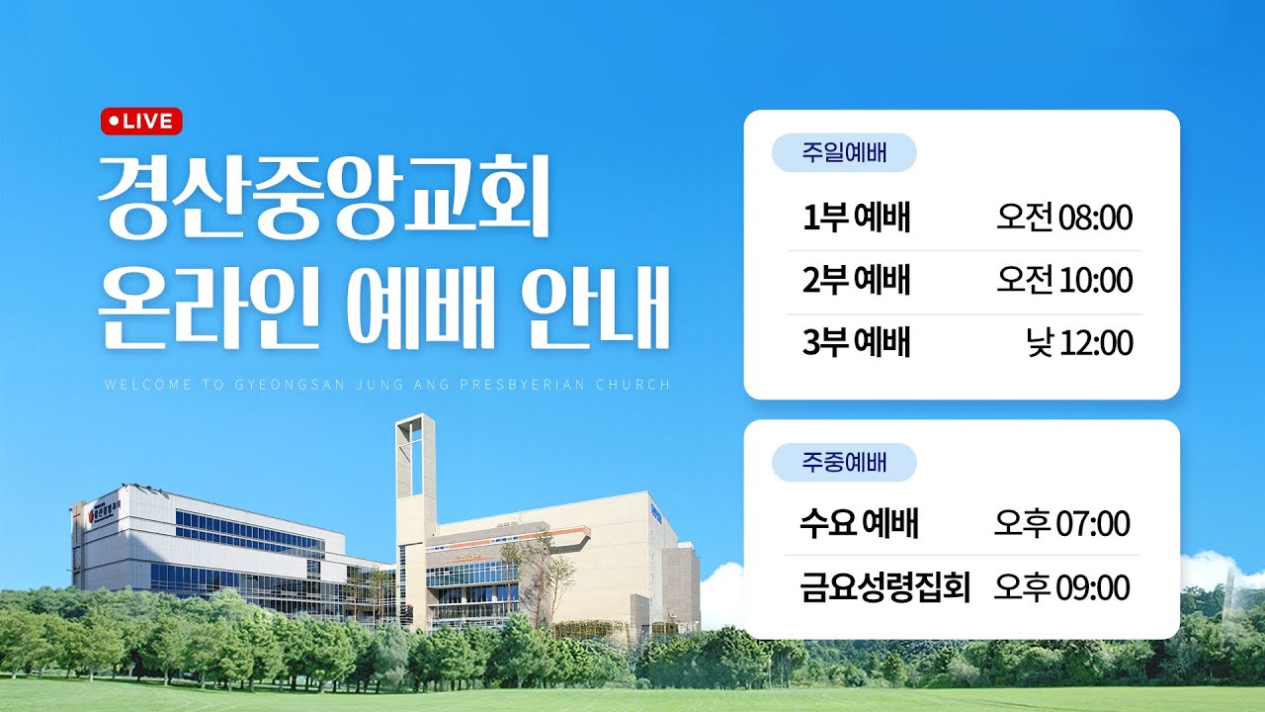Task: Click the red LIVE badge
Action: point(141,121)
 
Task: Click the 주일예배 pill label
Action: point(844,153)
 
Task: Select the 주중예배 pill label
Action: point(844,462)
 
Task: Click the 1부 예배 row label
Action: point(856,218)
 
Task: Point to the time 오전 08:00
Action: point(1063,218)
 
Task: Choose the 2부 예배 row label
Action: point(856,281)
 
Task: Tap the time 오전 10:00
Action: point(1063,281)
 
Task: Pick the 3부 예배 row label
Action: point(856,343)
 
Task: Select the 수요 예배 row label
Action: point(859,523)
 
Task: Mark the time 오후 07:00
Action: point(1061,523)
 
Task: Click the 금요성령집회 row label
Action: point(885,587)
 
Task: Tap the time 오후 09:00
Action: point(1061,587)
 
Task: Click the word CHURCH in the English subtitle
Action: point(638,384)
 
